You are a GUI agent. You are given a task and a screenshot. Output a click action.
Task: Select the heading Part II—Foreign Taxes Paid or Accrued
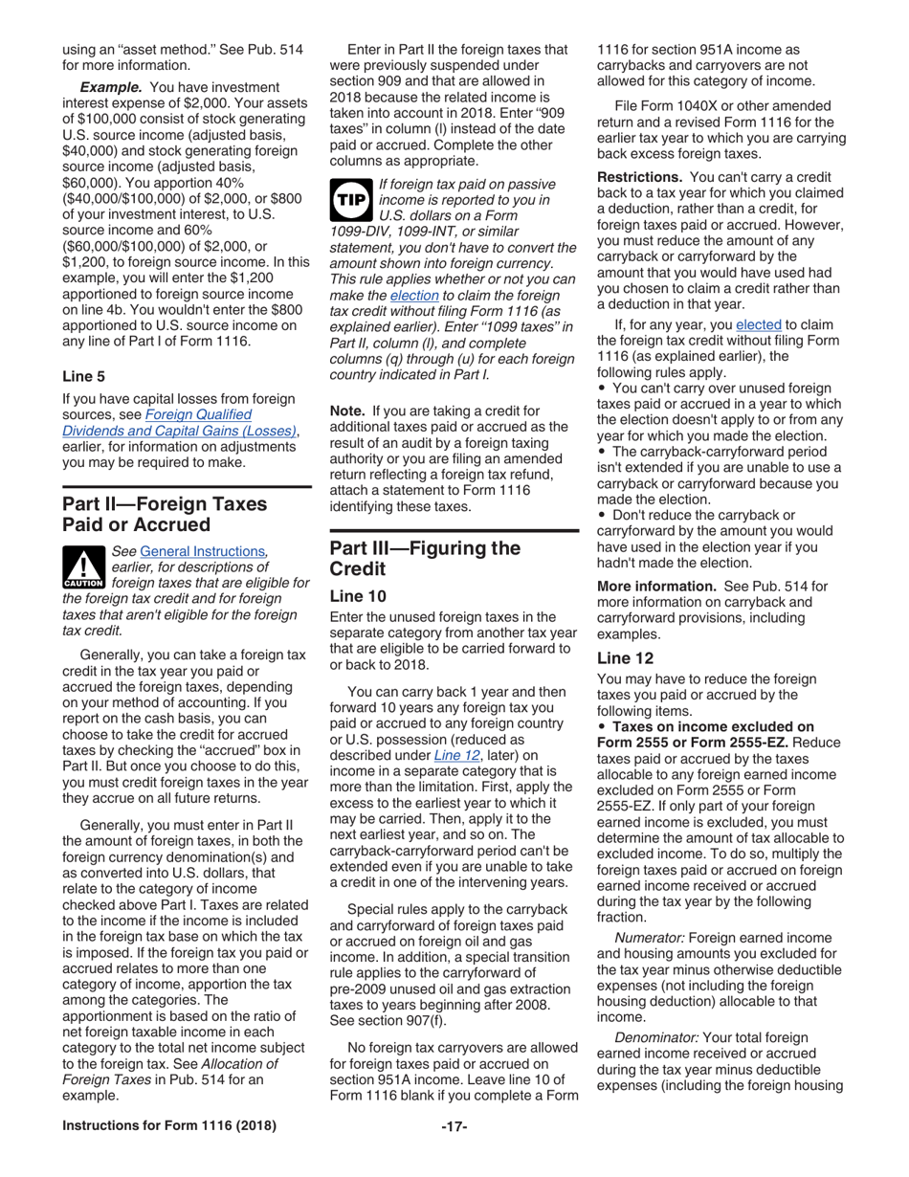pyautogui.click(x=165, y=514)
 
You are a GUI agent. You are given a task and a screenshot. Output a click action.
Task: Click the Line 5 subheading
pyautogui.click(x=83, y=376)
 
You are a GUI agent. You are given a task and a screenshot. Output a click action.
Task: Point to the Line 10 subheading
pyautogui.click(x=356, y=596)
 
